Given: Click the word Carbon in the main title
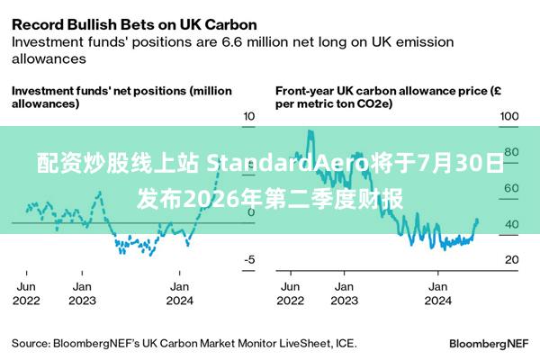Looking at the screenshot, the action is (231, 25).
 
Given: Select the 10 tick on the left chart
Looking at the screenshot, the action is (249, 116).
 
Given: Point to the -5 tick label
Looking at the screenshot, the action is (249, 259).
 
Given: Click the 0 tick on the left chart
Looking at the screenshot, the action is (251, 212).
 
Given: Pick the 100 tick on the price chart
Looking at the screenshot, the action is (509, 116).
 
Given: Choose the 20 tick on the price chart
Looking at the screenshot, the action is (512, 259).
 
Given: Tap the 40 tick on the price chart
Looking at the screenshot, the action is (512, 224).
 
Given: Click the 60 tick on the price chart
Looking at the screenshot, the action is (512, 188).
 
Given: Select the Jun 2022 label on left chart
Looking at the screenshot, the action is (26, 293).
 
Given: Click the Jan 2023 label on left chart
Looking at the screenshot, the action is (82, 293).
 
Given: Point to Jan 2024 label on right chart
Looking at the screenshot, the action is (437, 293).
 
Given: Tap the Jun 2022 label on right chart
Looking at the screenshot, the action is (291, 293).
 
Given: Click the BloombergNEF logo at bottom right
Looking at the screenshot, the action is (489, 344).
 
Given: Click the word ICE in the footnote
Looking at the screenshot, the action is (346, 344).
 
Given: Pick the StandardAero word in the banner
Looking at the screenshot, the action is (287, 163).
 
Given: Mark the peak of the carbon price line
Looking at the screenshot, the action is (310, 130).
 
